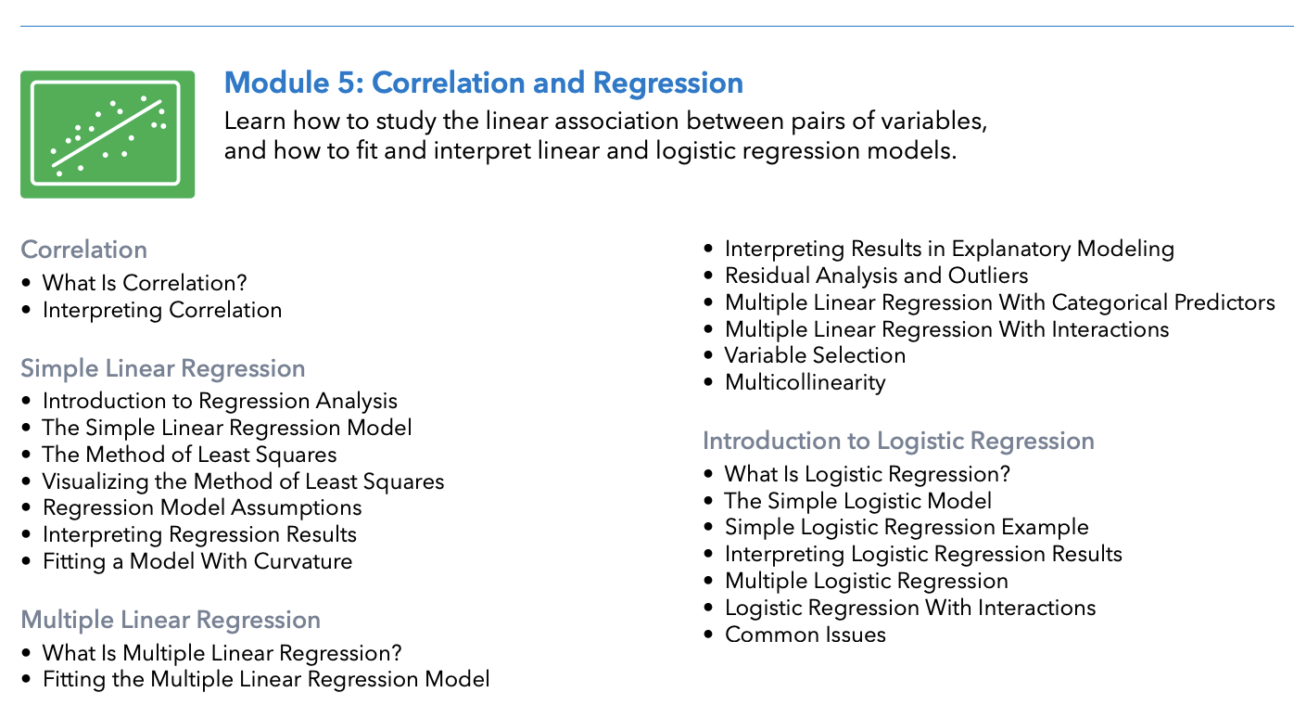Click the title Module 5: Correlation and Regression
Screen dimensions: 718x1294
(x=483, y=83)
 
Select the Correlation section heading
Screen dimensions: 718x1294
(x=83, y=250)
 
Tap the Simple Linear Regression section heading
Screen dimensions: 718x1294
(x=162, y=368)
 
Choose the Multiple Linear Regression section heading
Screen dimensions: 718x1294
(x=170, y=620)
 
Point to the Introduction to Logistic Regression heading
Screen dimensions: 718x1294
(x=897, y=440)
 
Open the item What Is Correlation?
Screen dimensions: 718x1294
(x=145, y=283)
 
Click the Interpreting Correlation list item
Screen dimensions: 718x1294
(x=161, y=310)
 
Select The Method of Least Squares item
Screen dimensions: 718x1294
(x=189, y=455)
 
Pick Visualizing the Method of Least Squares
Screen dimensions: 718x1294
(x=243, y=481)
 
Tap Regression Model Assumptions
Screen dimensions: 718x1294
(x=201, y=508)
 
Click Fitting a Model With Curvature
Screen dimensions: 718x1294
(x=197, y=561)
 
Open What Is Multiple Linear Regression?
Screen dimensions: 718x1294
(x=222, y=653)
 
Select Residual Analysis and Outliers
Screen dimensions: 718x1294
(x=876, y=276)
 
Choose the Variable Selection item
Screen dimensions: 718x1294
(x=815, y=355)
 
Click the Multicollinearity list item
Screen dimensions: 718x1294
(x=805, y=382)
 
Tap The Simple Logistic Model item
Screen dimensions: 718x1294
(x=857, y=501)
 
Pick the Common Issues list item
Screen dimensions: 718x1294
(x=805, y=635)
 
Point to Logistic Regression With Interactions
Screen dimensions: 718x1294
(x=909, y=608)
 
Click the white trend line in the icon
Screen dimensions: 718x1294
(x=108, y=134)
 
